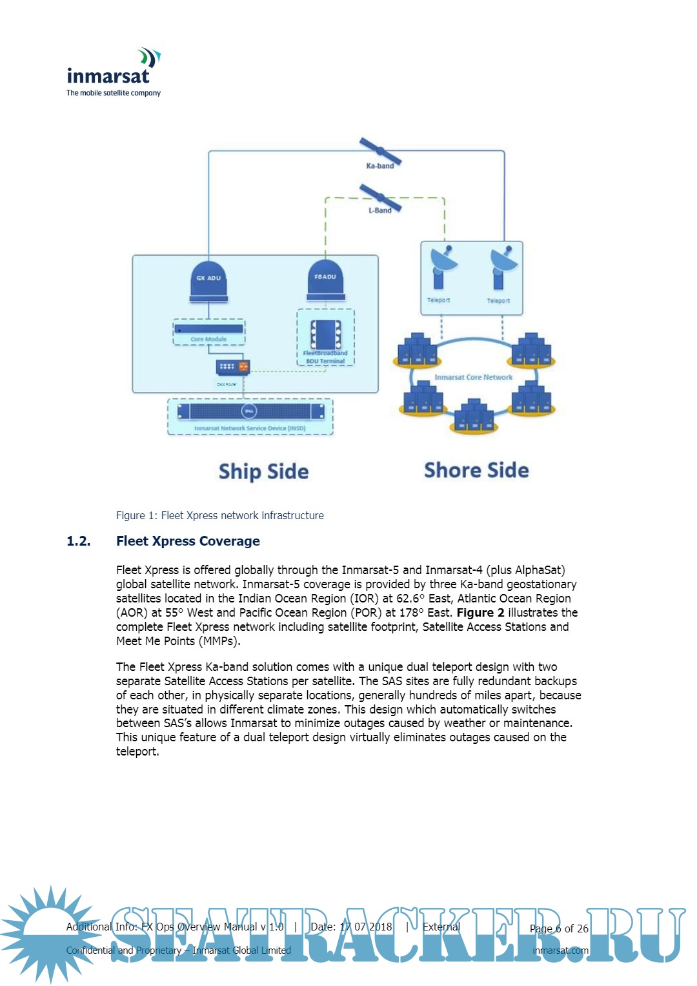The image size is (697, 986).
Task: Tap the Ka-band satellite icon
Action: [380, 152]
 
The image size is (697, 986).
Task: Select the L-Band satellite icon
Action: [380, 197]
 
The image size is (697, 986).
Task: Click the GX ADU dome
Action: [208, 282]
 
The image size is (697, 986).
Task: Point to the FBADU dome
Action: [325, 280]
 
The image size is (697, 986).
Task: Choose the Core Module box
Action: [208, 332]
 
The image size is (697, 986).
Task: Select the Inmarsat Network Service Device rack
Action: [250, 412]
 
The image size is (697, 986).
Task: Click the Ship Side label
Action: [263, 471]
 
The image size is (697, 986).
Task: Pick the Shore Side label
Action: [476, 470]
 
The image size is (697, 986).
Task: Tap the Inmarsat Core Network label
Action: [473, 377]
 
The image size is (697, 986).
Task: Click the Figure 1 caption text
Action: [219, 515]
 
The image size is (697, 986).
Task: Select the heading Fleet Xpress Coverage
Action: [188, 541]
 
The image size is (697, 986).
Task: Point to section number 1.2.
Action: [79, 541]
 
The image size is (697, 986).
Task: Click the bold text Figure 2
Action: [480, 612]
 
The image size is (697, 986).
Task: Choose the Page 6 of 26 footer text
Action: [559, 929]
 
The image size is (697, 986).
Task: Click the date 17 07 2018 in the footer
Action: [365, 927]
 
